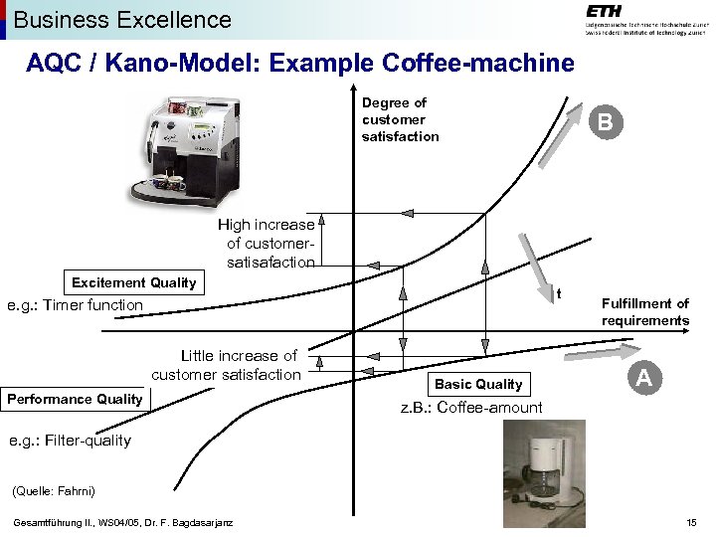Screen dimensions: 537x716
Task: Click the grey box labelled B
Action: [606, 123]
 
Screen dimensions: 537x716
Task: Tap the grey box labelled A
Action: [644, 378]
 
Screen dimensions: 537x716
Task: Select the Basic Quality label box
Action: [478, 384]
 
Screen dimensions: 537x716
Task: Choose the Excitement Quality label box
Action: [134, 282]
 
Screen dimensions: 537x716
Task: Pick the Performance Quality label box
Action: [76, 399]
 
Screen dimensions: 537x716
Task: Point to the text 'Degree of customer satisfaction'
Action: [400, 119]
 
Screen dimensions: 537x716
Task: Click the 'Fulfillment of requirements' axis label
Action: [644, 312]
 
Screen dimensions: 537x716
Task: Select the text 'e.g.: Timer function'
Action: [75, 305]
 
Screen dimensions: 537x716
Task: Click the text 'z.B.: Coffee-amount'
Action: [471, 408]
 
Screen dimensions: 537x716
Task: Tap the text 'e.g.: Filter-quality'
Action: [69, 440]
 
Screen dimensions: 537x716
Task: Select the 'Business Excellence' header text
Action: [122, 19]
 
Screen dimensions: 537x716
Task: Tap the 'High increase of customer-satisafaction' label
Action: [267, 244]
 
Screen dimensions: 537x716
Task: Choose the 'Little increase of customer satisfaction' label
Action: [226, 365]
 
